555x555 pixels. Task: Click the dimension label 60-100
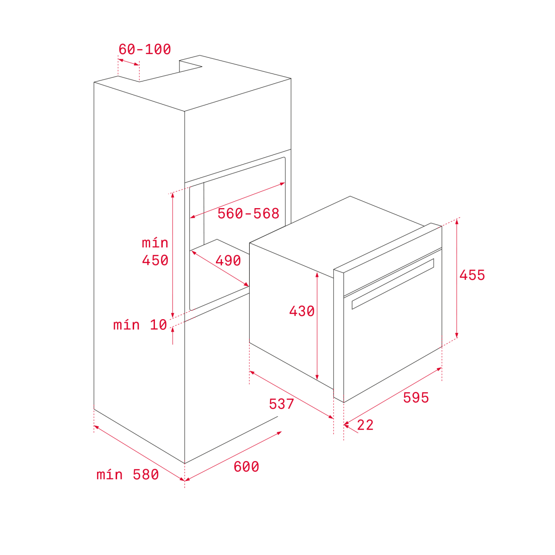pos(145,49)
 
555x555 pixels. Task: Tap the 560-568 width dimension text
pos(248,213)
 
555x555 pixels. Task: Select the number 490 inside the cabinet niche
pos(228,261)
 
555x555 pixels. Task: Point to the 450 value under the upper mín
pos(155,260)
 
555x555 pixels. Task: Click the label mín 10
pos(140,325)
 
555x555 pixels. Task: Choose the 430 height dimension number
pos(302,311)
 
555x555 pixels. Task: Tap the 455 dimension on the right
pos(472,275)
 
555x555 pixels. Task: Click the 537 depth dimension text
pos(281,404)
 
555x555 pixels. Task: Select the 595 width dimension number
pos(416,397)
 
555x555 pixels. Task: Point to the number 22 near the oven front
pos(365,425)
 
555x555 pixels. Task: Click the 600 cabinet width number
pos(246,467)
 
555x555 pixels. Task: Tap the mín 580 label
pos(128,475)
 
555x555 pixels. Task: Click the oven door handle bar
pos(393,284)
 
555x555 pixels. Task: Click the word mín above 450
pos(155,243)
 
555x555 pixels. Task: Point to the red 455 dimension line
pos(457,278)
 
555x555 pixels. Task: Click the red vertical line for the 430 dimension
pos(317,326)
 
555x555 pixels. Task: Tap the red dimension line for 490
pos(220,268)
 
